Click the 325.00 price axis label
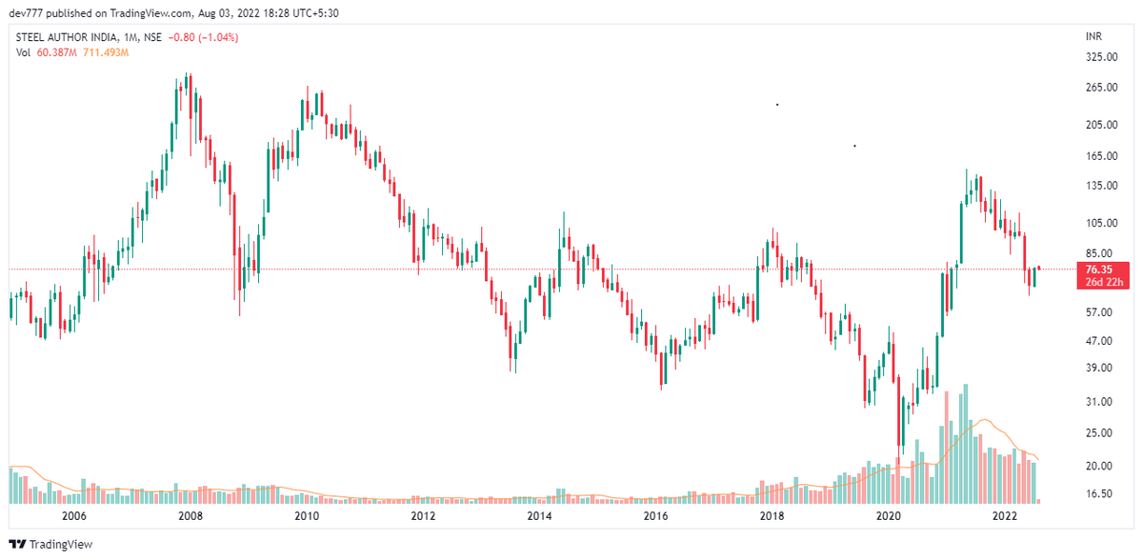point(1101,57)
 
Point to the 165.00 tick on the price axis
point(1101,155)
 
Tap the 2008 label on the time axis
point(190,516)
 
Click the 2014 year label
point(539,516)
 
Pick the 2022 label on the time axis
point(1004,516)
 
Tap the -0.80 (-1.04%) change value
point(203,37)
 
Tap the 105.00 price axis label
point(1101,223)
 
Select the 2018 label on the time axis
point(772,516)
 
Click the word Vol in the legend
point(24,52)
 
